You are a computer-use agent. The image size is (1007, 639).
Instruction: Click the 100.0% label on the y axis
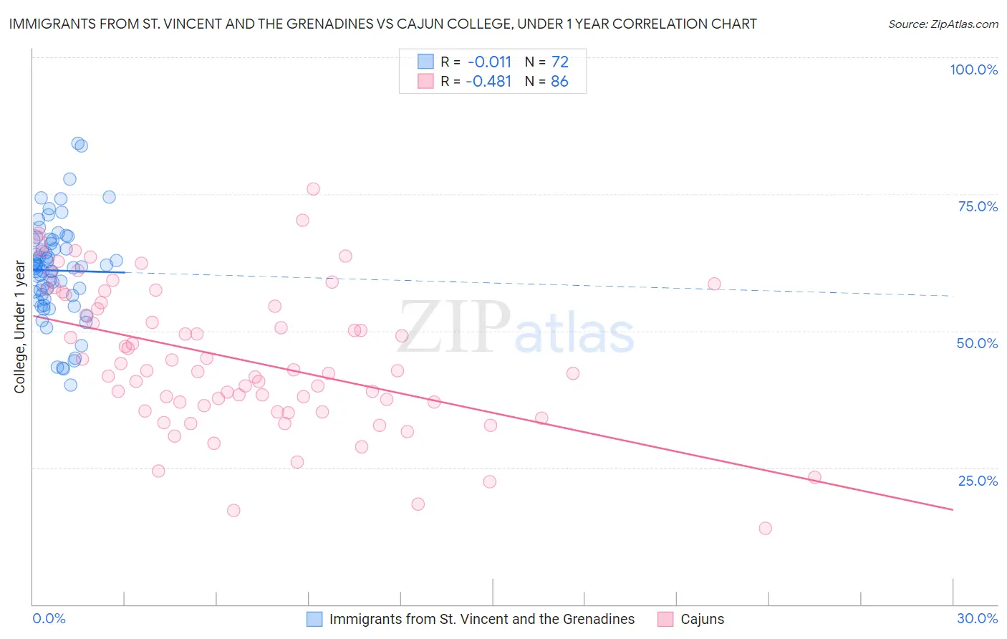click(x=973, y=69)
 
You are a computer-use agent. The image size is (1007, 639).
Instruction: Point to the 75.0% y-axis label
click(x=978, y=206)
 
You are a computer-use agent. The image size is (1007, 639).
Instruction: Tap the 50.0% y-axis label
click(x=977, y=343)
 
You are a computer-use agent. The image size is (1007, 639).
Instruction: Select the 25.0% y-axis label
click(x=978, y=480)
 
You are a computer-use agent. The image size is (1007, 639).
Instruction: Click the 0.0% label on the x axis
click(x=49, y=618)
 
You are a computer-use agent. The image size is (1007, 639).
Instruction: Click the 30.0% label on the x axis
click(x=977, y=618)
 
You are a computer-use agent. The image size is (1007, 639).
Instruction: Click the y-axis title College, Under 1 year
click(x=20, y=327)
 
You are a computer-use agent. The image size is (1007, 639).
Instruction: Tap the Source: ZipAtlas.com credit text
click(x=943, y=24)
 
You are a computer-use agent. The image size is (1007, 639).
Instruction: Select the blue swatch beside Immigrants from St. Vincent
click(x=314, y=619)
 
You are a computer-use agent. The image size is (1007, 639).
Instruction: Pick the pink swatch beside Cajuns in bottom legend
click(x=665, y=619)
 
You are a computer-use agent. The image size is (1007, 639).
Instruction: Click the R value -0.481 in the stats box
click(x=488, y=81)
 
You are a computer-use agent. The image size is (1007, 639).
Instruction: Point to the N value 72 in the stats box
click(x=559, y=62)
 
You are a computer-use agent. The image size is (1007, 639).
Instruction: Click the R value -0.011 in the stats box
click(x=488, y=62)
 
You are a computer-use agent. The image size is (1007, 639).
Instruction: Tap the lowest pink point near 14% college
click(x=765, y=528)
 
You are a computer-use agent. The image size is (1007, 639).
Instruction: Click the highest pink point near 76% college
click(x=313, y=189)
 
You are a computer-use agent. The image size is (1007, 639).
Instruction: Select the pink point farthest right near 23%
click(x=814, y=477)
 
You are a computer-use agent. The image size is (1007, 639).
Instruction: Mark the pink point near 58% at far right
click(x=714, y=284)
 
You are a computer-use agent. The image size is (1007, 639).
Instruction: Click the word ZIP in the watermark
click(x=455, y=327)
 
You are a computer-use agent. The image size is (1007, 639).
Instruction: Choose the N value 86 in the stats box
click(x=559, y=81)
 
